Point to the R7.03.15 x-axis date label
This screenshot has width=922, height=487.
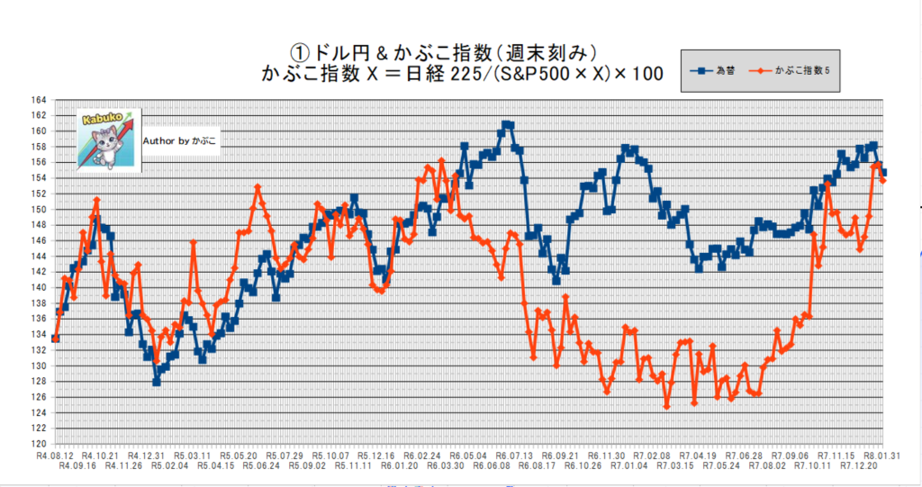coord(675,465)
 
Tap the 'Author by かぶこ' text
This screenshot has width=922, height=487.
coord(180,140)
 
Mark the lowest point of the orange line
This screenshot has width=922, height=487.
coord(667,406)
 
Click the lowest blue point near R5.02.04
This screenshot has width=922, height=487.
coord(157,382)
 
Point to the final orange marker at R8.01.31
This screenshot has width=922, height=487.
coord(883,180)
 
